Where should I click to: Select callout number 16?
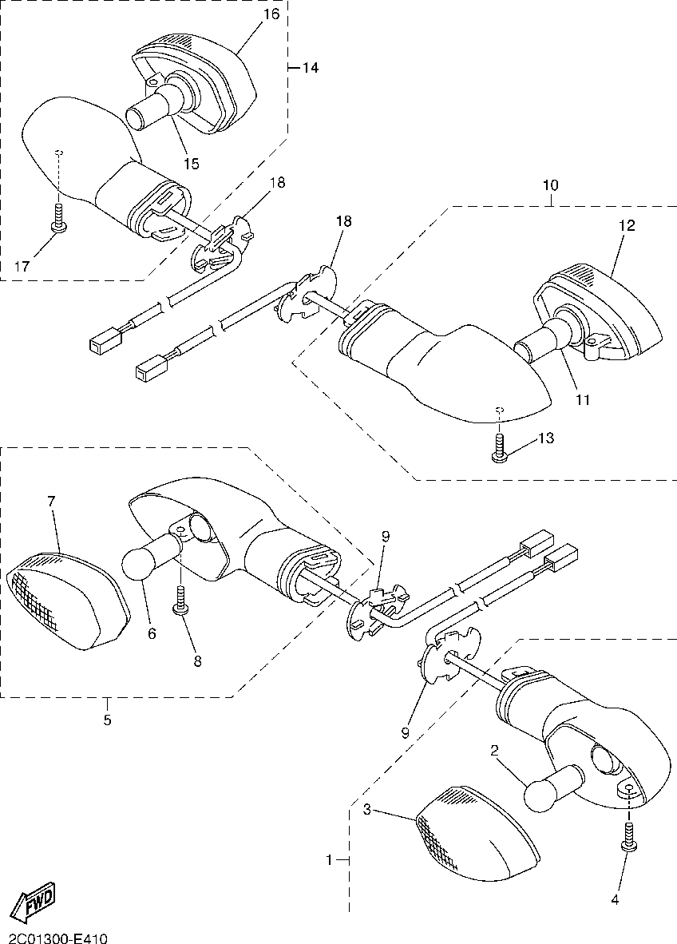pyautogui.click(x=271, y=14)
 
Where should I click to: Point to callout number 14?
pyautogui.click(x=310, y=69)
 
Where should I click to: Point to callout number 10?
pyautogui.click(x=551, y=185)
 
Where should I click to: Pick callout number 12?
pyautogui.click(x=627, y=226)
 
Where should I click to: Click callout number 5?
pyautogui.click(x=107, y=720)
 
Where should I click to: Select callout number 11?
pyautogui.click(x=583, y=400)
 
